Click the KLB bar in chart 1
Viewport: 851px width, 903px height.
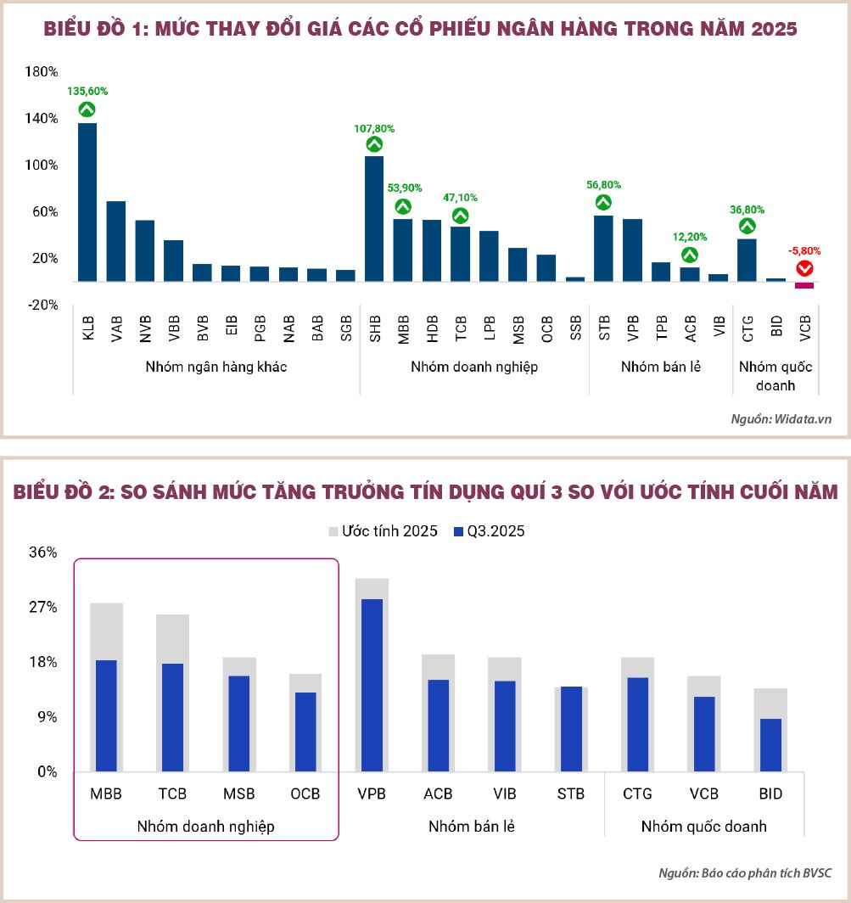point(87,202)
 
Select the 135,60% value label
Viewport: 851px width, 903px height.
point(87,91)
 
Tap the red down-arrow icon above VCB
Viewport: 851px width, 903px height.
point(804,269)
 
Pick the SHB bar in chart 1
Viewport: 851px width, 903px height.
point(374,218)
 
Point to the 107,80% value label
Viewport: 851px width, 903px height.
point(374,129)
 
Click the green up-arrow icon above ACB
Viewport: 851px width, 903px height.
point(690,254)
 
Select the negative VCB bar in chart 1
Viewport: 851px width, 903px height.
point(804,285)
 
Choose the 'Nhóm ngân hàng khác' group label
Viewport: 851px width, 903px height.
point(216,367)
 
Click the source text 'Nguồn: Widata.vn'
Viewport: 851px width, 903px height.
point(781,419)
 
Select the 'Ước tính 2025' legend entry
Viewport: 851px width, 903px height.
point(383,531)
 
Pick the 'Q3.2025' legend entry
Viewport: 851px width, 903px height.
point(490,531)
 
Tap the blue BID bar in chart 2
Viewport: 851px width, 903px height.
point(770,745)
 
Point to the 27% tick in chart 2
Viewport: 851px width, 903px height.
point(42,608)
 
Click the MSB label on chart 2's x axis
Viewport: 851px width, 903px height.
point(238,794)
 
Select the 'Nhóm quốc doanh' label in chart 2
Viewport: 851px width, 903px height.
point(703,826)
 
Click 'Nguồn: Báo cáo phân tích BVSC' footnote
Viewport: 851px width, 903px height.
point(746,873)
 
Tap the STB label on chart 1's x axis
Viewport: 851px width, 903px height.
point(604,328)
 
